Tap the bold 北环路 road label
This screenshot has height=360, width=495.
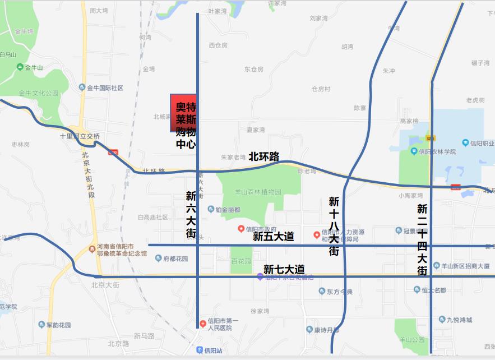point(263,156)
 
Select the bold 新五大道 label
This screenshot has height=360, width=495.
point(274,237)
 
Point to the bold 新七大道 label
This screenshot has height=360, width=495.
point(284,269)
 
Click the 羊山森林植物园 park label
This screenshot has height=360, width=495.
point(251,192)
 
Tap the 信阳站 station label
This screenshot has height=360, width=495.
point(212,350)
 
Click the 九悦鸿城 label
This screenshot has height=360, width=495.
point(459,320)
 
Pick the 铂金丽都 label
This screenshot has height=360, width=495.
point(228,210)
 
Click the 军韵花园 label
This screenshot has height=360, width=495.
point(58,325)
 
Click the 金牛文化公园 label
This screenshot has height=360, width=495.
point(38,93)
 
